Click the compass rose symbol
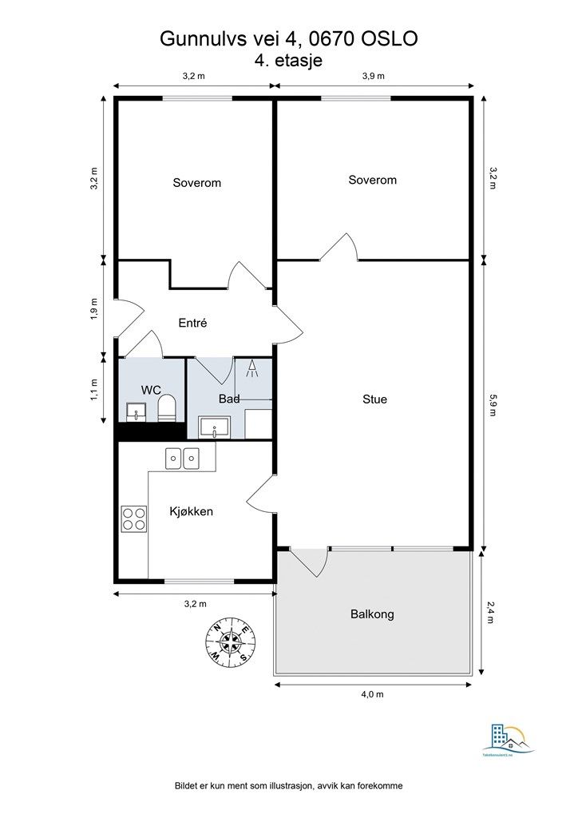[x=231, y=641]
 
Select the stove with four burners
[x=133, y=518]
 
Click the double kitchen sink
[x=182, y=459]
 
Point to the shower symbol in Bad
[x=251, y=369]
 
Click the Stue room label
[x=374, y=399]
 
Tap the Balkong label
[x=372, y=614]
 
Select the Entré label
[x=192, y=323]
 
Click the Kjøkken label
[x=191, y=511]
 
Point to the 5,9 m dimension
[x=493, y=405]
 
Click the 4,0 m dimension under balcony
[x=372, y=695]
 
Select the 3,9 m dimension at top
[x=373, y=76]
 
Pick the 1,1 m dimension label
[x=94, y=389]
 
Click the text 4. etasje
[x=288, y=59]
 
